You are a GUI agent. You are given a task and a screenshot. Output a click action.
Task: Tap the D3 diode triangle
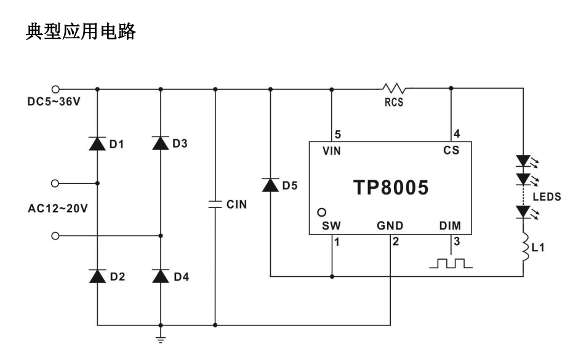coord(161,144)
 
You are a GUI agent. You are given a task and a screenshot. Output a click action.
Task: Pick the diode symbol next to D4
coord(161,277)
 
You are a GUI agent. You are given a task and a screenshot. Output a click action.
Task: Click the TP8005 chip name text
coord(390,188)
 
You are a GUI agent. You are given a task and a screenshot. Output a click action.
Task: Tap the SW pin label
coord(331,226)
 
